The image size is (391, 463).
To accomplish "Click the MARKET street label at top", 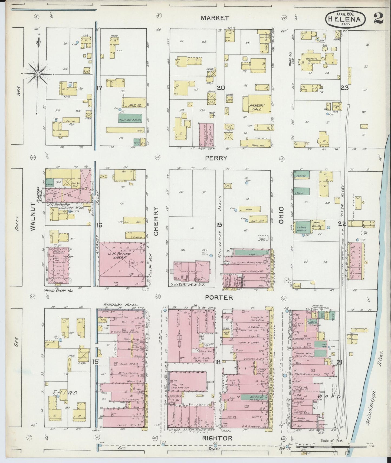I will point(215,18).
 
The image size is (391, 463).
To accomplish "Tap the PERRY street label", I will point(216,158).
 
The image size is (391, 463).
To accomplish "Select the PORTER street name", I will point(219,297).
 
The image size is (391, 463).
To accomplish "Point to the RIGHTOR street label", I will point(217,438).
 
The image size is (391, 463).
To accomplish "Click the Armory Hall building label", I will point(257,107).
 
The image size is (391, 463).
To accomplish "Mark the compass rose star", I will point(38,74).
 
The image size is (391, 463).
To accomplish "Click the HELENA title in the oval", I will point(344,19).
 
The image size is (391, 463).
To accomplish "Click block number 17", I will point(99,88).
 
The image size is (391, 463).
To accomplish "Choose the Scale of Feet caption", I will point(332,441).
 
